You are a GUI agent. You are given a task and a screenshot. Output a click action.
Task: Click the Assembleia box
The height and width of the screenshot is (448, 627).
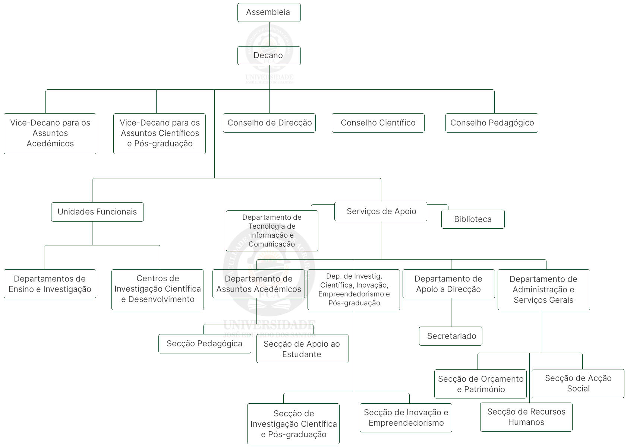click(x=269, y=12)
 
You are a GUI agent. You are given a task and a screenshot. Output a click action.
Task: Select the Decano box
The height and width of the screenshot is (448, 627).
click(x=269, y=55)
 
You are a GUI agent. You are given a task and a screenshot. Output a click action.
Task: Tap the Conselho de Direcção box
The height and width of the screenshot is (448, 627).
click(x=269, y=123)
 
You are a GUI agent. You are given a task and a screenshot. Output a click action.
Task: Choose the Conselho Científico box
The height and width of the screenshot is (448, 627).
click(x=378, y=123)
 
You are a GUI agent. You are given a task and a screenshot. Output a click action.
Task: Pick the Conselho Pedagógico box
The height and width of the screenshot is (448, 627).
click(x=492, y=123)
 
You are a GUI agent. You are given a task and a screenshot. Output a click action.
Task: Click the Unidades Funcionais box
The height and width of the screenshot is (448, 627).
click(x=97, y=212)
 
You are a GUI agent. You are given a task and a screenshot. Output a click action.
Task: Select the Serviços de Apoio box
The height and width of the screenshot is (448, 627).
click(x=381, y=212)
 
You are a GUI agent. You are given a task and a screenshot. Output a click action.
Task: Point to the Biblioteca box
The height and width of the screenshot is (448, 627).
click(x=473, y=219)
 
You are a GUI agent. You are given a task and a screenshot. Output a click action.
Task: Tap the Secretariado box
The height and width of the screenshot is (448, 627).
click(x=451, y=336)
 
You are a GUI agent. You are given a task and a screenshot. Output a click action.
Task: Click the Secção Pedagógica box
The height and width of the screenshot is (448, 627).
click(x=205, y=344)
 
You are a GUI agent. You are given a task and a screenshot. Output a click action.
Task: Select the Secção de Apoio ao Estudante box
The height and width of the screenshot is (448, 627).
click(x=302, y=349)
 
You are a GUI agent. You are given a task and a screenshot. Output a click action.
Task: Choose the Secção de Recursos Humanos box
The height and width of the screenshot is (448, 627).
click(x=526, y=417)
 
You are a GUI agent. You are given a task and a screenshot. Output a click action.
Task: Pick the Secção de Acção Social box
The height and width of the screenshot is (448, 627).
click(x=578, y=384)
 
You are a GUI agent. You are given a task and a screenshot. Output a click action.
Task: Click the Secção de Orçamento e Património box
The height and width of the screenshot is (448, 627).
click(x=480, y=384)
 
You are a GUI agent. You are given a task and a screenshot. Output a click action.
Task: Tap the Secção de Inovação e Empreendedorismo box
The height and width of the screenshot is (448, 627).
click(x=406, y=418)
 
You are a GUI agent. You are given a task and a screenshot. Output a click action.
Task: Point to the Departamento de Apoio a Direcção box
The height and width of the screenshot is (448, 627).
click(x=448, y=284)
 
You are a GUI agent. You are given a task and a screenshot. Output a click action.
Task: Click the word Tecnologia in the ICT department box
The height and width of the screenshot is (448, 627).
click(x=272, y=226)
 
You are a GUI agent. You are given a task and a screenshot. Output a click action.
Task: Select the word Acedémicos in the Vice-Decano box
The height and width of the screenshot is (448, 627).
click(x=50, y=144)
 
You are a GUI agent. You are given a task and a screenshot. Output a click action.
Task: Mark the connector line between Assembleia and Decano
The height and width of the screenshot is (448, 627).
click(x=269, y=34)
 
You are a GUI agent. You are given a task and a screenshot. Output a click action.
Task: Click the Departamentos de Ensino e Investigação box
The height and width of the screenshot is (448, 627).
click(x=50, y=284)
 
